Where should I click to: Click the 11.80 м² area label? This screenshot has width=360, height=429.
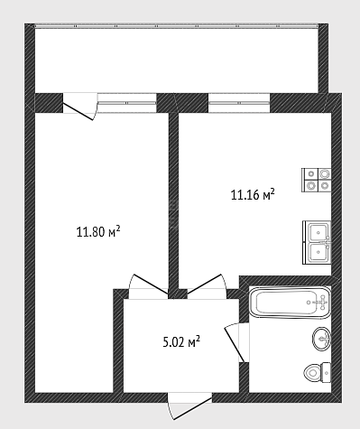click(x=98, y=232)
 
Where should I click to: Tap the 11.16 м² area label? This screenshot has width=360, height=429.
click(x=253, y=194)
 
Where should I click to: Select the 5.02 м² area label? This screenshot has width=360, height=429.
click(x=181, y=342)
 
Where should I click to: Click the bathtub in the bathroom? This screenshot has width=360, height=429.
click(x=290, y=303)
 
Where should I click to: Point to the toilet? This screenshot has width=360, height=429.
click(x=317, y=373)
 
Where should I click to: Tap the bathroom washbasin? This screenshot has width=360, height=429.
click(x=321, y=339)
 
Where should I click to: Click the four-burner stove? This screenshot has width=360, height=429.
click(x=317, y=180)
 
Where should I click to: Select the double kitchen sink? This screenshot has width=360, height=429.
click(x=317, y=242)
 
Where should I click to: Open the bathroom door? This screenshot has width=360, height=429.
click(x=237, y=342)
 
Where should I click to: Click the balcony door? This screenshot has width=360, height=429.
click(x=80, y=107)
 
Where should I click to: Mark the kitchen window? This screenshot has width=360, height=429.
click(x=239, y=103)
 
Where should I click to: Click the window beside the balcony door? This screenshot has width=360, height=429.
click(x=127, y=103)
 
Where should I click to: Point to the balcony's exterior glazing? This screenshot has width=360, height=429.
click(x=176, y=26)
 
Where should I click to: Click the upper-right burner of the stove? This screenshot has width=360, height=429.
click(x=324, y=173)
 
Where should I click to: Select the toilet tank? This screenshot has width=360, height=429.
click(x=326, y=373)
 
